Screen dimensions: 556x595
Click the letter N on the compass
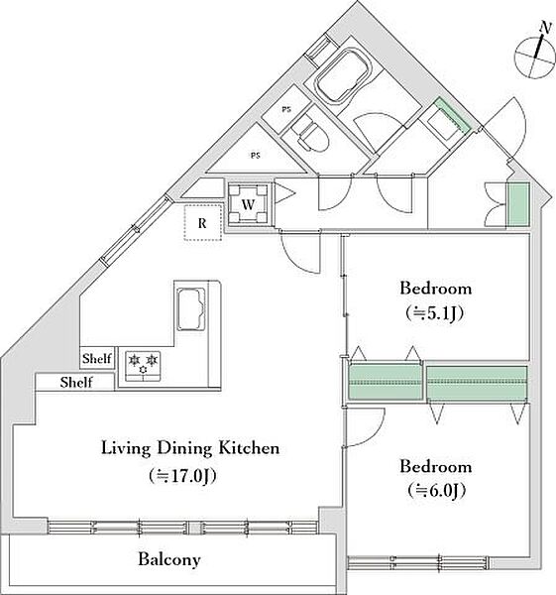(x=545, y=28)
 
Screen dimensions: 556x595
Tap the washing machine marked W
(x=249, y=204)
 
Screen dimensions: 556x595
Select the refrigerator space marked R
(x=202, y=223)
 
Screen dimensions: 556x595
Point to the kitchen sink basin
(x=191, y=308)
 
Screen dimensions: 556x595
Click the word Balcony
(x=169, y=559)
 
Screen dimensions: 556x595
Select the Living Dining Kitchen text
(x=190, y=448)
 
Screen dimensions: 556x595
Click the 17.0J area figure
(x=182, y=476)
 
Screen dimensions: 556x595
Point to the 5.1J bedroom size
(x=435, y=313)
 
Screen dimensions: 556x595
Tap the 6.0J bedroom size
(x=436, y=491)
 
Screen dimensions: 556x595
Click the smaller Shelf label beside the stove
(x=97, y=358)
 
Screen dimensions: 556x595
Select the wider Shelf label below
(x=76, y=382)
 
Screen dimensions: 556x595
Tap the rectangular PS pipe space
(x=286, y=109)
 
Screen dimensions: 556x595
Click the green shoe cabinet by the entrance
(x=518, y=205)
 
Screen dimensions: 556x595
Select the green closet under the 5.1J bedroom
(x=386, y=382)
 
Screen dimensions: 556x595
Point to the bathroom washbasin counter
(x=444, y=121)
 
